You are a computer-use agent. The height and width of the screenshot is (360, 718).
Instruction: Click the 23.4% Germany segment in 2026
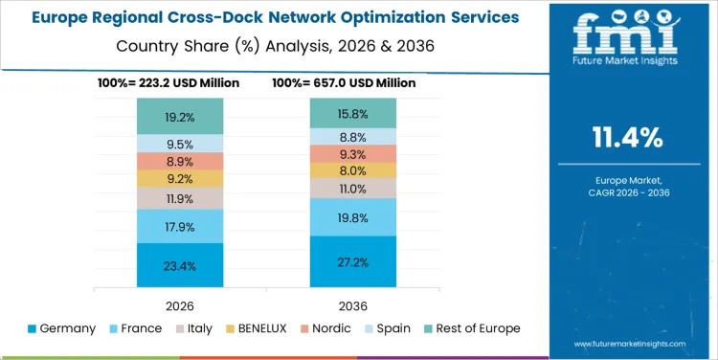180,265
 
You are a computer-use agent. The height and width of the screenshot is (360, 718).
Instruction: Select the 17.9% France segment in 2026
180,227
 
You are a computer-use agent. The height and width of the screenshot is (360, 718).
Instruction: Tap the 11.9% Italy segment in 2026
180,198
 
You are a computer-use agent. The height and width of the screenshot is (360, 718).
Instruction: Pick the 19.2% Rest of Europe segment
180,117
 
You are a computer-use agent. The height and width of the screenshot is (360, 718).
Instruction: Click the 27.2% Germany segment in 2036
352,260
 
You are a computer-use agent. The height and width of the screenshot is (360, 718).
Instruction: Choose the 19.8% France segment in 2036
352,217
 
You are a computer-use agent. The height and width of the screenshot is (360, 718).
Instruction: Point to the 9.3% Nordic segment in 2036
352,153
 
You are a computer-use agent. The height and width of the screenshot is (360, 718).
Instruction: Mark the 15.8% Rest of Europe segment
352,113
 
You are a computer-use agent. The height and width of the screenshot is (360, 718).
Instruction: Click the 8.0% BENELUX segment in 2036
352,170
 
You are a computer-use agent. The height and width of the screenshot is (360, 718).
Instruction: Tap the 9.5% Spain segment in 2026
180,144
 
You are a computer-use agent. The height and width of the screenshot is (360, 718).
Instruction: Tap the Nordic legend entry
325,328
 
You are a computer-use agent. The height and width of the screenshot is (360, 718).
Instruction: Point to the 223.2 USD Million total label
168,83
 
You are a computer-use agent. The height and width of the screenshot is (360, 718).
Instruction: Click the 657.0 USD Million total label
344,83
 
